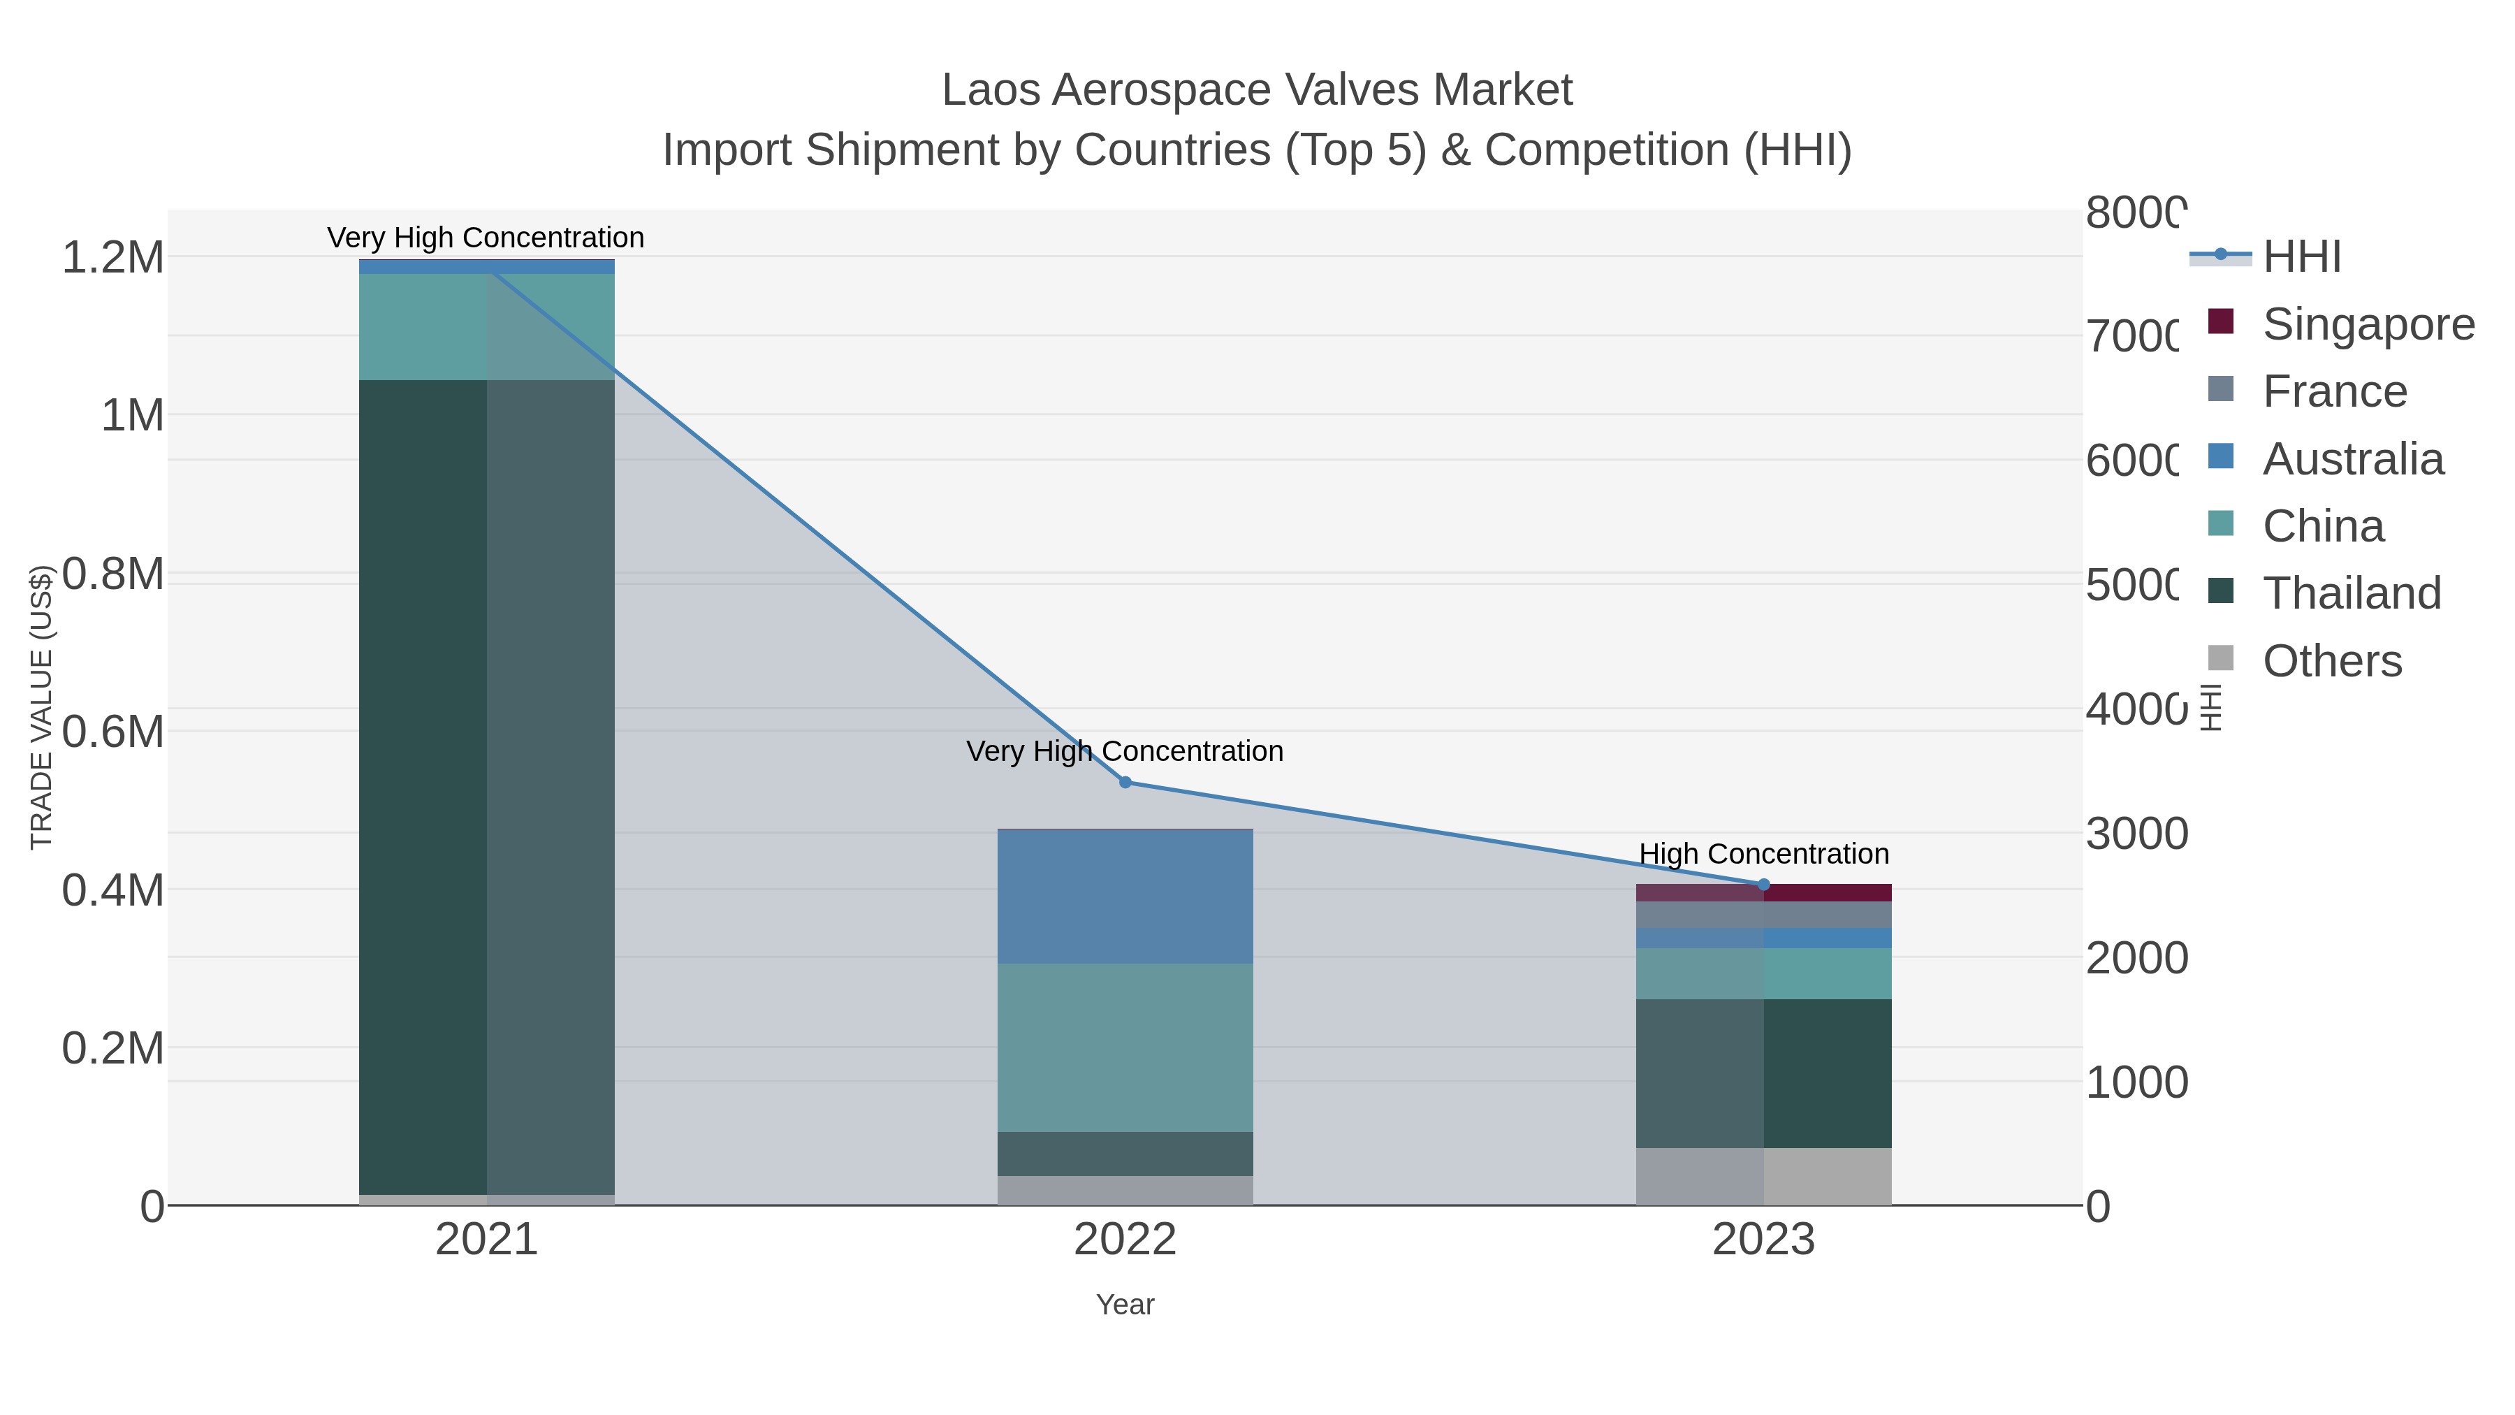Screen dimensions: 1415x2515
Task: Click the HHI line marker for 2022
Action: [x=1125, y=782]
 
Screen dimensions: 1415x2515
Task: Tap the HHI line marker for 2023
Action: [x=1763, y=885]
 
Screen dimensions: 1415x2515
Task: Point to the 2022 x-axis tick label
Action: [x=1125, y=1240]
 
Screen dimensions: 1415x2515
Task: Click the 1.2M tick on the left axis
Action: [x=112, y=258]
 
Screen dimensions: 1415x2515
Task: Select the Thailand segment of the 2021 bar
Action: [x=486, y=786]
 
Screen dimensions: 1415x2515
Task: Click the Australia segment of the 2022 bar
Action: [x=1125, y=897]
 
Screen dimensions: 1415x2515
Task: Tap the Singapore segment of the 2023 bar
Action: [x=1763, y=892]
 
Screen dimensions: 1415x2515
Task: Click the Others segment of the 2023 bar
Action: [x=1763, y=1176]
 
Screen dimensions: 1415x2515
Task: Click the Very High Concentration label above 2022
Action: [x=1125, y=751]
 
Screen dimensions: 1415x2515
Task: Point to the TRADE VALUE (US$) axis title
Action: [x=41, y=707]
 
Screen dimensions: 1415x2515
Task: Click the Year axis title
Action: [x=1125, y=1305]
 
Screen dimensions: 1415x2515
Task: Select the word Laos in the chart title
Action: [x=990, y=90]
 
